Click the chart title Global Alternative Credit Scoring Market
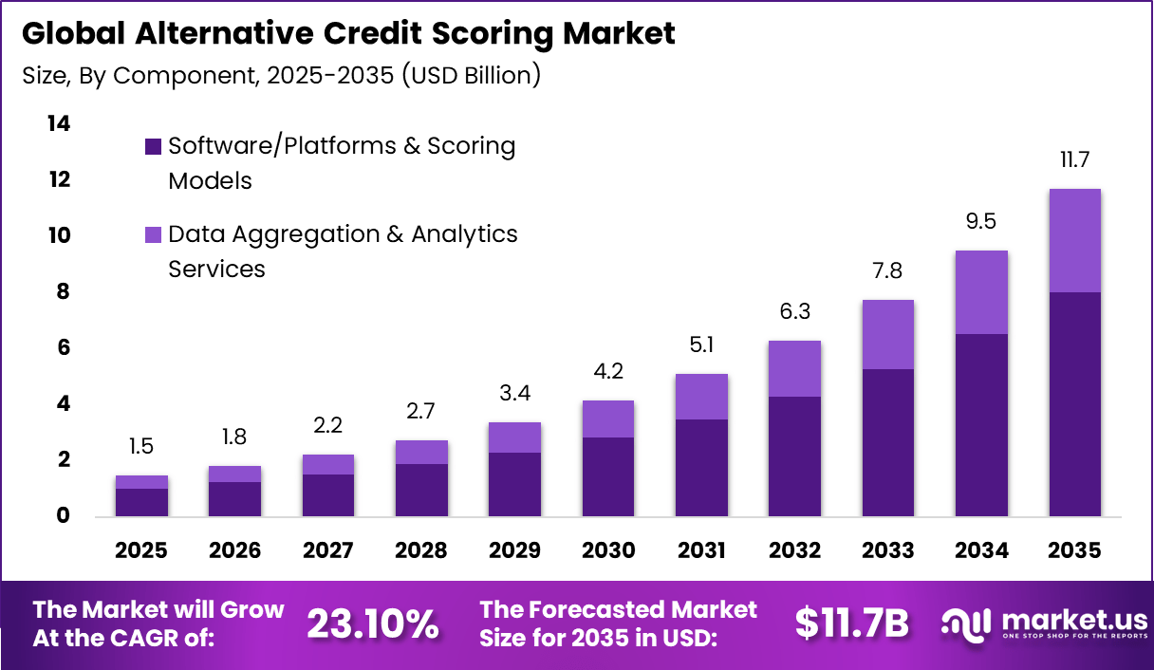pyautogui.click(x=348, y=33)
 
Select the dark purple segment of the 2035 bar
pyautogui.click(x=1074, y=403)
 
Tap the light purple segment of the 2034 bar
pyautogui.click(x=981, y=292)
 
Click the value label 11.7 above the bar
pyautogui.click(x=1074, y=160)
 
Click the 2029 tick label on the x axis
pyautogui.click(x=514, y=551)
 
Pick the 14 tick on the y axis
pyautogui.click(x=58, y=123)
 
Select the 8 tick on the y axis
pyautogui.click(x=63, y=291)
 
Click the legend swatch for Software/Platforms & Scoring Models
pyautogui.click(x=153, y=146)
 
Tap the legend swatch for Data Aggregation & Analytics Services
pyautogui.click(x=153, y=234)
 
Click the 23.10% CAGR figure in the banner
pyautogui.click(x=373, y=623)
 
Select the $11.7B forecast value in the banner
pyautogui.click(x=851, y=623)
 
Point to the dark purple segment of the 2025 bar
pyautogui.click(x=142, y=502)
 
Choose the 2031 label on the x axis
pyautogui.click(x=701, y=551)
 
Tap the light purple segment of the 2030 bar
pyautogui.click(x=607, y=419)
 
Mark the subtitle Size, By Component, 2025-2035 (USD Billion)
pyautogui.click(x=281, y=75)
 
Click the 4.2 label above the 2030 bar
pyautogui.click(x=607, y=372)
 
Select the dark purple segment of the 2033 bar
pyautogui.click(x=887, y=442)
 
